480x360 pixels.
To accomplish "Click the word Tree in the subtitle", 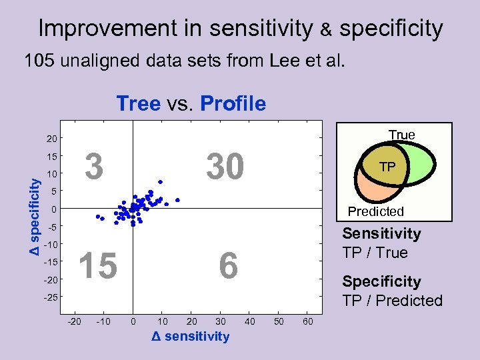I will [x=138, y=104].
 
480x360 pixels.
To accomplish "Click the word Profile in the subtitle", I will [x=232, y=104].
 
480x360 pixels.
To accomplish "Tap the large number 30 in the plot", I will [x=225, y=167].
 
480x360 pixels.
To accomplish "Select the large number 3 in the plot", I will [x=95, y=167].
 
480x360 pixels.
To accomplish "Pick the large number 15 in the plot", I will [x=98, y=266].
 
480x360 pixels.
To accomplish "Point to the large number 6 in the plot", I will [x=228, y=266].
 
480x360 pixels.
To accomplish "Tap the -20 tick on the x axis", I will [x=75, y=323].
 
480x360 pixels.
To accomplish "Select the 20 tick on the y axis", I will [x=51, y=139].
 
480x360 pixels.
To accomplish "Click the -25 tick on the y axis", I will [x=50, y=297].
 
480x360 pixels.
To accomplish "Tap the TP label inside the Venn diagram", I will [x=387, y=167].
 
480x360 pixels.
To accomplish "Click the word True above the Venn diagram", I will [x=401, y=135].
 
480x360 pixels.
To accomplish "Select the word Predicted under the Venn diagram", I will [x=376, y=211].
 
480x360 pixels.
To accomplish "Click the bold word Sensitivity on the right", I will [x=381, y=233].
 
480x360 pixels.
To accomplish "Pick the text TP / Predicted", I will [x=392, y=301].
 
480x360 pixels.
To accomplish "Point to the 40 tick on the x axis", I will [x=249, y=323].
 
